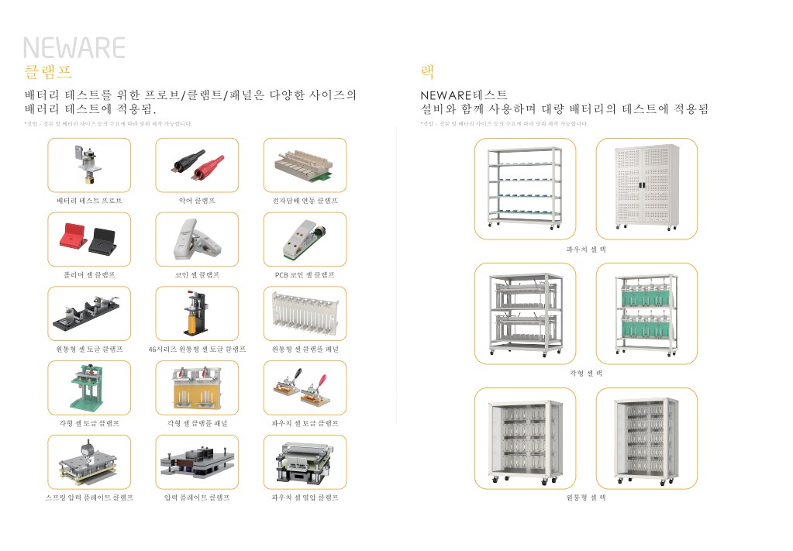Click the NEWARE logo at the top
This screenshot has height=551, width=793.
[74, 48]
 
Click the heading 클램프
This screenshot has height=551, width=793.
[48, 72]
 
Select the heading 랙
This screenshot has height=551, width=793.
[427, 72]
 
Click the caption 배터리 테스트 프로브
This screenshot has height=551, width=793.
[89, 201]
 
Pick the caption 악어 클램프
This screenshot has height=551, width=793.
[197, 201]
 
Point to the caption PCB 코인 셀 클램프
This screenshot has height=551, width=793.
[305, 275]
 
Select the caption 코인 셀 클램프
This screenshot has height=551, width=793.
[197, 275]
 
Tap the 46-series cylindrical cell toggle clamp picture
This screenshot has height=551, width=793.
[197, 313]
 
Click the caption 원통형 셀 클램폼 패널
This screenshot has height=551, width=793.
[305, 350]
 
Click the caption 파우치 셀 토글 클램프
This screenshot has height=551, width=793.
[305, 424]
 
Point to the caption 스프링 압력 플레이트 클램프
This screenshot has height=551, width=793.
[89, 498]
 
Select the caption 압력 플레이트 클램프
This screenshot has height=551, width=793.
[197, 498]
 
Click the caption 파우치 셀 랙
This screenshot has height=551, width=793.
[586, 250]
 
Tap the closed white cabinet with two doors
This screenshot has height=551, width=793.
[646, 188]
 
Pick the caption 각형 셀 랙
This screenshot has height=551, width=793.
[586, 373]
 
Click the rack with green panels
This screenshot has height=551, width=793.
[646, 313]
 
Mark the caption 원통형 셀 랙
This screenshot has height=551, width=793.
[586, 498]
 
